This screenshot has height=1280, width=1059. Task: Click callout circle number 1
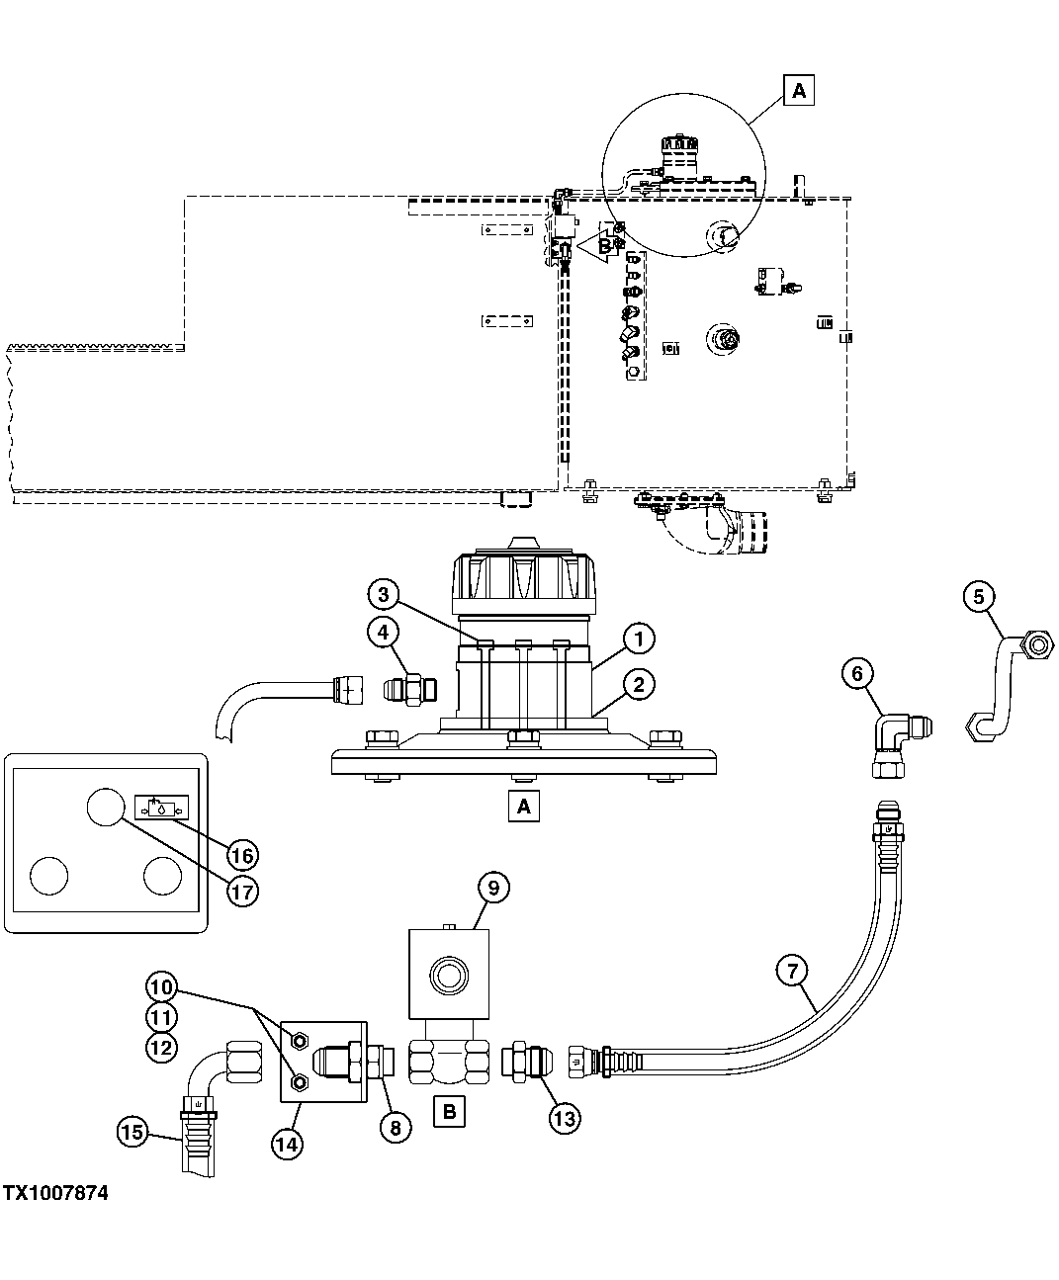point(639,640)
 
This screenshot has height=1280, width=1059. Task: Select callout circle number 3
point(384,595)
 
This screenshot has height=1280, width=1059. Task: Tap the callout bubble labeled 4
point(384,631)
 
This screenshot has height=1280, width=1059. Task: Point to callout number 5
point(978,596)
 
